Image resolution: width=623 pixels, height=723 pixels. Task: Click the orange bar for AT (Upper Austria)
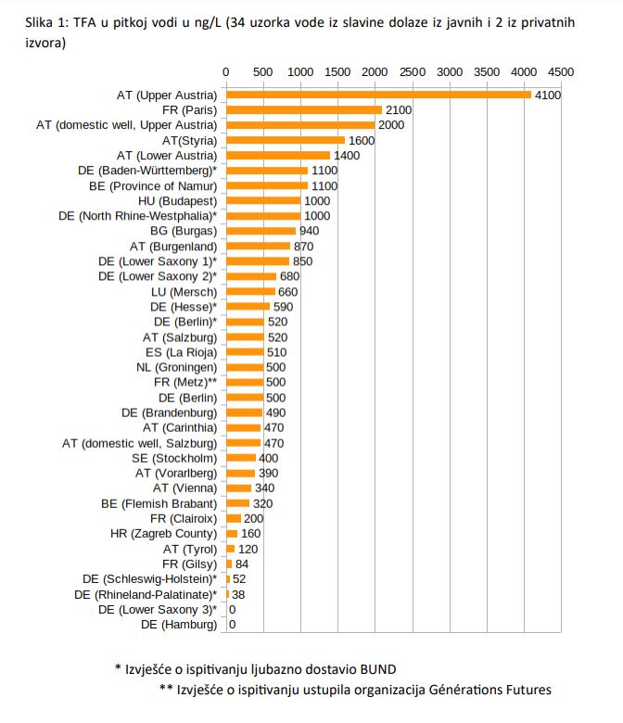point(378,95)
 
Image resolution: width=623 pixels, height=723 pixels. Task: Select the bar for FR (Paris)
point(304,109)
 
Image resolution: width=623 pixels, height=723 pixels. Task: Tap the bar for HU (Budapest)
point(263,201)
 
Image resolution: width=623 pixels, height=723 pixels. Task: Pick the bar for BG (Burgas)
point(261,231)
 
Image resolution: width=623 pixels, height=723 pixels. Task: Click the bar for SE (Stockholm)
point(241,458)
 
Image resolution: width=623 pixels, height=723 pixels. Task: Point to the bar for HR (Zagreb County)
point(232,534)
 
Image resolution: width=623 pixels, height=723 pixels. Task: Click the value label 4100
point(548,95)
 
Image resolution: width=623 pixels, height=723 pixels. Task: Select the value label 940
point(309,231)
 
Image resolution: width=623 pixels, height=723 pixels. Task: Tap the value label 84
point(242,564)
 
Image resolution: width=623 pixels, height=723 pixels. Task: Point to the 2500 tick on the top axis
point(413,72)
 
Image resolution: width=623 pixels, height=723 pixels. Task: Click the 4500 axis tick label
point(561,72)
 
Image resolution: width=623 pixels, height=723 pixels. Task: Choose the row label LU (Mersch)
point(184,292)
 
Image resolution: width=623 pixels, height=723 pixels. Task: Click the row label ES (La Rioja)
point(181,352)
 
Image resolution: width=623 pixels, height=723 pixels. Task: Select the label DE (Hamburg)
point(179,625)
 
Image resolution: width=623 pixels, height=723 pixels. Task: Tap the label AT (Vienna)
point(184,488)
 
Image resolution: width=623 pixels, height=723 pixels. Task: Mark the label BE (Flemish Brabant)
point(159,503)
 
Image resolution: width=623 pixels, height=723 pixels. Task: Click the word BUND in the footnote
point(378,669)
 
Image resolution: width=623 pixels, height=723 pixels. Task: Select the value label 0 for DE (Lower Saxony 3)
point(233,610)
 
